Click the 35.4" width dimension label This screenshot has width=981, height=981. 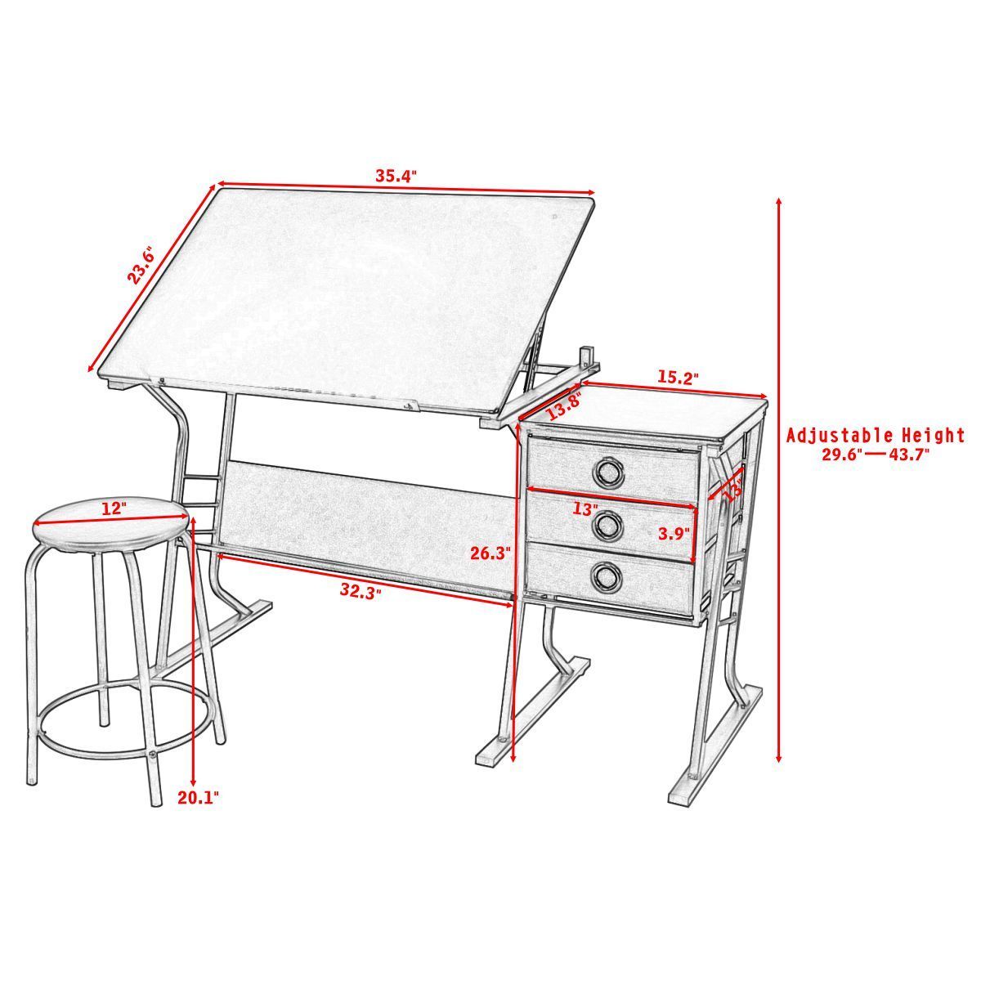(x=396, y=175)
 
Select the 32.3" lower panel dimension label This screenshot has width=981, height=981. (x=361, y=589)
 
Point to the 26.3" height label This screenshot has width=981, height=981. (x=490, y=553)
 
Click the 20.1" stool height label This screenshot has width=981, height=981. (x=199, y=797)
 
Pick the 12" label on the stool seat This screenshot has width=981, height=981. (x=114, y=508)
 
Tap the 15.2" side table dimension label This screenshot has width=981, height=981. (x=678, y=378)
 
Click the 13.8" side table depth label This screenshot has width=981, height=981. (x=564, y=403)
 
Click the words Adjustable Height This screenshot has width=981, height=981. (x=876, y=436)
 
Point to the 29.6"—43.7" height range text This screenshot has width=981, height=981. (x=876, y=455)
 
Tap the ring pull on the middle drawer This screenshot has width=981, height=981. (x=607, y=525)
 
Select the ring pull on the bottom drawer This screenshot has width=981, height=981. (x=607, y=577)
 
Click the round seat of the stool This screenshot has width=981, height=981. (x=110, y=523)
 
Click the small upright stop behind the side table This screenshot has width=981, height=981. (x=586, y=357)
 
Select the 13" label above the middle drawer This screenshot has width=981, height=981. (x=584, y=508)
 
